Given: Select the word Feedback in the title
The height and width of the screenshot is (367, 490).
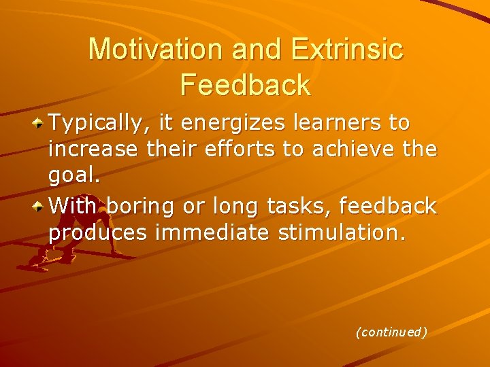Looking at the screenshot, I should pos(246,85).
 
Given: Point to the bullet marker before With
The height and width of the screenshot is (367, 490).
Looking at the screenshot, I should pos(39,205).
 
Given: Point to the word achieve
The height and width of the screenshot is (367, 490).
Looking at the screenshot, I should pos(354,150).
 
